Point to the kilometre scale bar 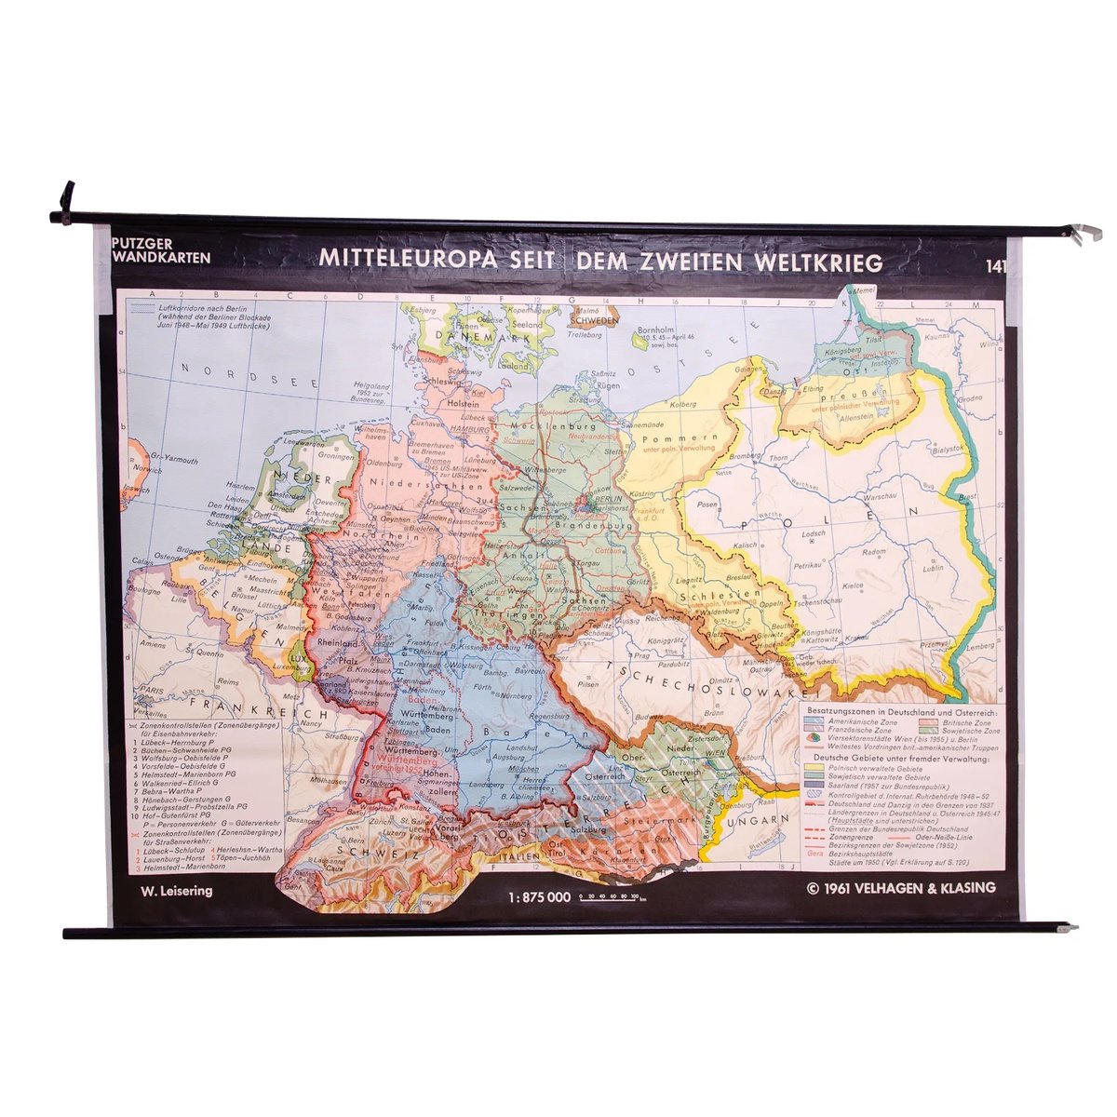pos(610,898)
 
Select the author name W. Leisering pos(176,891)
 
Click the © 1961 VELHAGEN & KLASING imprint pos(902,888)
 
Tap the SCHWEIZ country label pos(362,850)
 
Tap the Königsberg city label pos(838,351)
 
